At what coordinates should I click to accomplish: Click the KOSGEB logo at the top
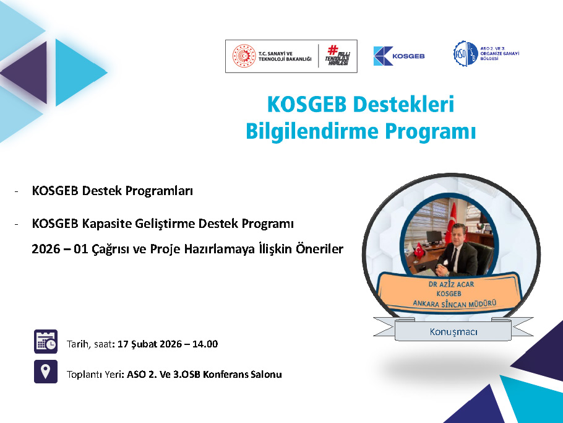pyautogui.click(x=399, y=56)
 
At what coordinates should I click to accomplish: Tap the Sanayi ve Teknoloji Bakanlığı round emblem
pyautogui.click(x=243, y=56)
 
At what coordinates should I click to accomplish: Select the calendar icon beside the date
pyautogui.click(x=46, y=341)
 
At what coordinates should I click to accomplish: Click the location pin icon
pyautogui.click(x=46, y=372)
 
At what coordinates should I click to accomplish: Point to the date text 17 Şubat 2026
pyautogui.click(x=147, y=344)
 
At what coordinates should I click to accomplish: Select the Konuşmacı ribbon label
pyautogui.click(x=453, y=332)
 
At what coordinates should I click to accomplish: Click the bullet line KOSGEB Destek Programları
pyautogui.click(x=113, y=191)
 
